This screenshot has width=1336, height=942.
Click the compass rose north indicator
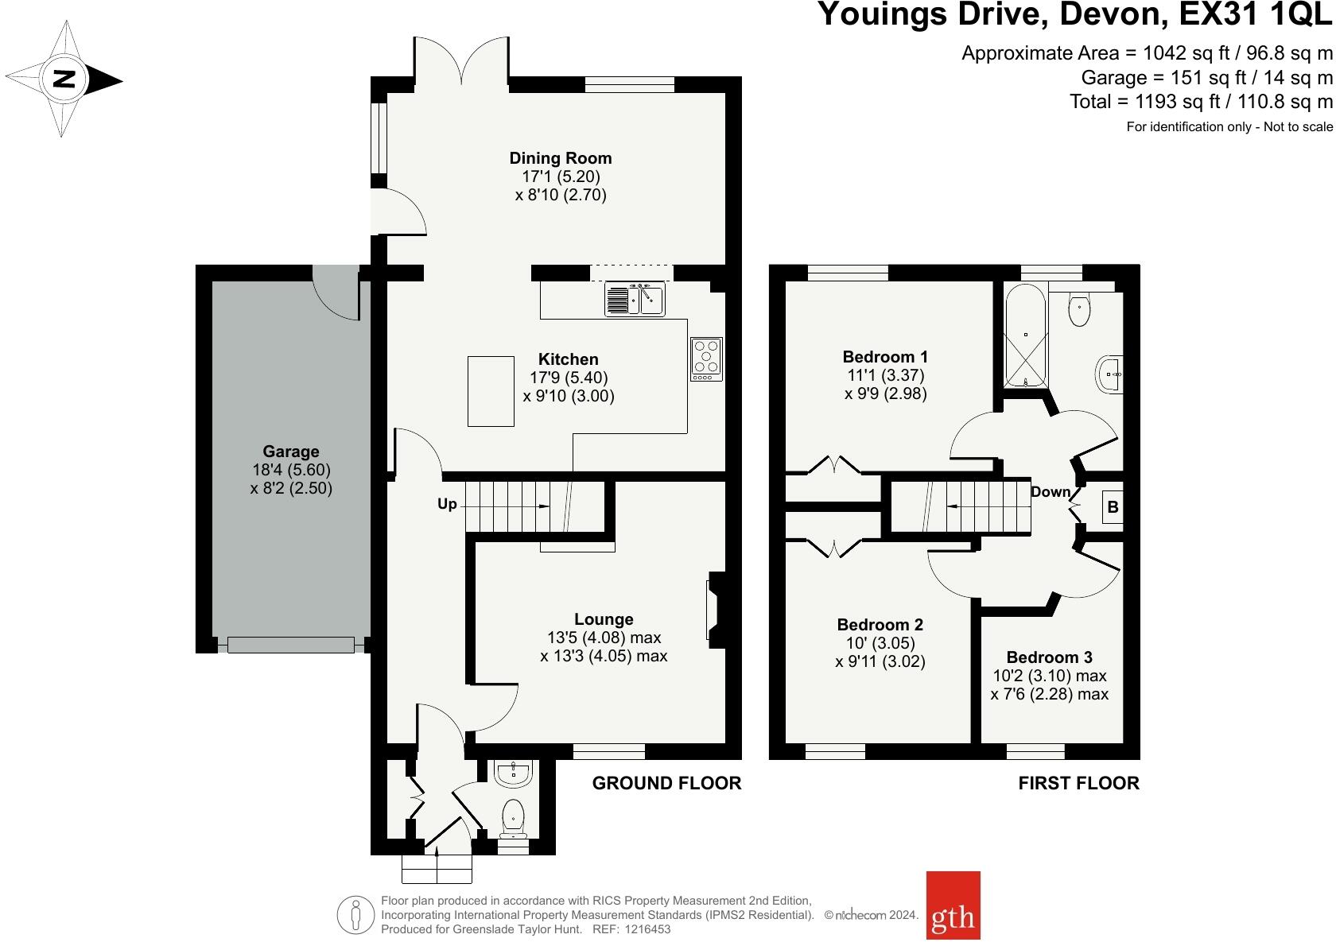pos(64,79)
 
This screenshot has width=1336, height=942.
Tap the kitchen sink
pos(635,299)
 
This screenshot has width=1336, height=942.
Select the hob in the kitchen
pos(707,359)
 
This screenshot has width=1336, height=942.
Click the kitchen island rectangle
pos(491,391)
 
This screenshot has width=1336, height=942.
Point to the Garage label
pos(291,452)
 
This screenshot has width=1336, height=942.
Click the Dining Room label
pos(561,158)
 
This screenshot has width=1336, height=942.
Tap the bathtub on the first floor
pos(1025,335)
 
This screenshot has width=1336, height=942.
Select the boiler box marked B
pos(1113,507)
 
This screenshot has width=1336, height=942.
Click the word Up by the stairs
pos(447,504)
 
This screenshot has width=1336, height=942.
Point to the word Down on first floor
pos(1051,492)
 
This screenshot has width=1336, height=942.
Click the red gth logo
pos(953,905)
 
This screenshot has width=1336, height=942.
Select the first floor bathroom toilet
pos(1079,308)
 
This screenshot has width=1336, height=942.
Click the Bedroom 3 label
pos(1049,657)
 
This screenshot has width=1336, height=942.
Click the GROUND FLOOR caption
pos(666,783)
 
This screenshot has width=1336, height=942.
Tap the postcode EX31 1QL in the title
pos(1256,14)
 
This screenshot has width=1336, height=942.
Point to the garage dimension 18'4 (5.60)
pos(291,470)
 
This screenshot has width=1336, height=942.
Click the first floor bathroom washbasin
pos(1109,374)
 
